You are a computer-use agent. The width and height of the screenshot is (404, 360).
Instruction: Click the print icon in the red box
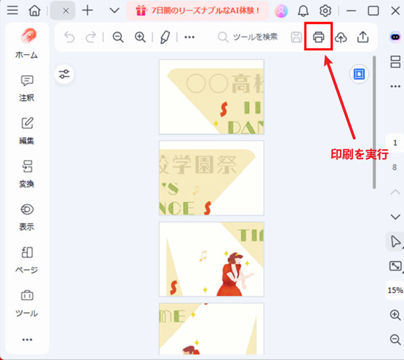(318, 37)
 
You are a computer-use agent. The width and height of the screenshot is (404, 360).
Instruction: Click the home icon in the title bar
(35, 11)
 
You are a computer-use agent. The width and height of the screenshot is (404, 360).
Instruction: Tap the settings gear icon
(326, 11)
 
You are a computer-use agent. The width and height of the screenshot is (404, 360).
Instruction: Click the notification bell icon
(303, 11)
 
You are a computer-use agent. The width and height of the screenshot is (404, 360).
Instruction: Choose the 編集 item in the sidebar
(27, 131)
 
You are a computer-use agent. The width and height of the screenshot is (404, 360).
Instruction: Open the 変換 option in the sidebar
(27, 173)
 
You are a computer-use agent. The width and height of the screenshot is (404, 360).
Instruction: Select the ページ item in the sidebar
(27, 259)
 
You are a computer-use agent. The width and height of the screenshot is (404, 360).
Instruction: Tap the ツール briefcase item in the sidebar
(27, 302)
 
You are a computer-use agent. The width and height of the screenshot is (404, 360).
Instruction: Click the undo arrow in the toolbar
(69, 37)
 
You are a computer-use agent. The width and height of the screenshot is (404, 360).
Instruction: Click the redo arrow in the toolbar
(90, 37)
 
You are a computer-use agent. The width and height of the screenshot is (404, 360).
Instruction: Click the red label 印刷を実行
(359, 154)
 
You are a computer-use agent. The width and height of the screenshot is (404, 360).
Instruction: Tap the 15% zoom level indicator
(395, 290)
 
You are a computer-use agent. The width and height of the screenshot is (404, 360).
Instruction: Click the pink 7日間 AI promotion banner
(197, 11)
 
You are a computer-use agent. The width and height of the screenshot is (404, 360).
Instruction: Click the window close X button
(395, 11)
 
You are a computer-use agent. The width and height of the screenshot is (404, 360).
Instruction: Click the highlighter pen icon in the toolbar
(165, 37)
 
